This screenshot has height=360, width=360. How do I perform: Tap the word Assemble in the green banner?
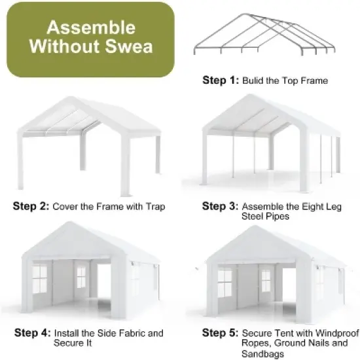(91, 28)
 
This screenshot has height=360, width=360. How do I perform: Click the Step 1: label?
(221, 81)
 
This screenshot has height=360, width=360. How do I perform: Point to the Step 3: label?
(221, 206)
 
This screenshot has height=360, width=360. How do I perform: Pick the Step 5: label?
(221, 333)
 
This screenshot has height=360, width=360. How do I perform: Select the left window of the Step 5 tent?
(225, 279)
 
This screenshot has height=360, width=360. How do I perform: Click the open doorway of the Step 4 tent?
(103, 283)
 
